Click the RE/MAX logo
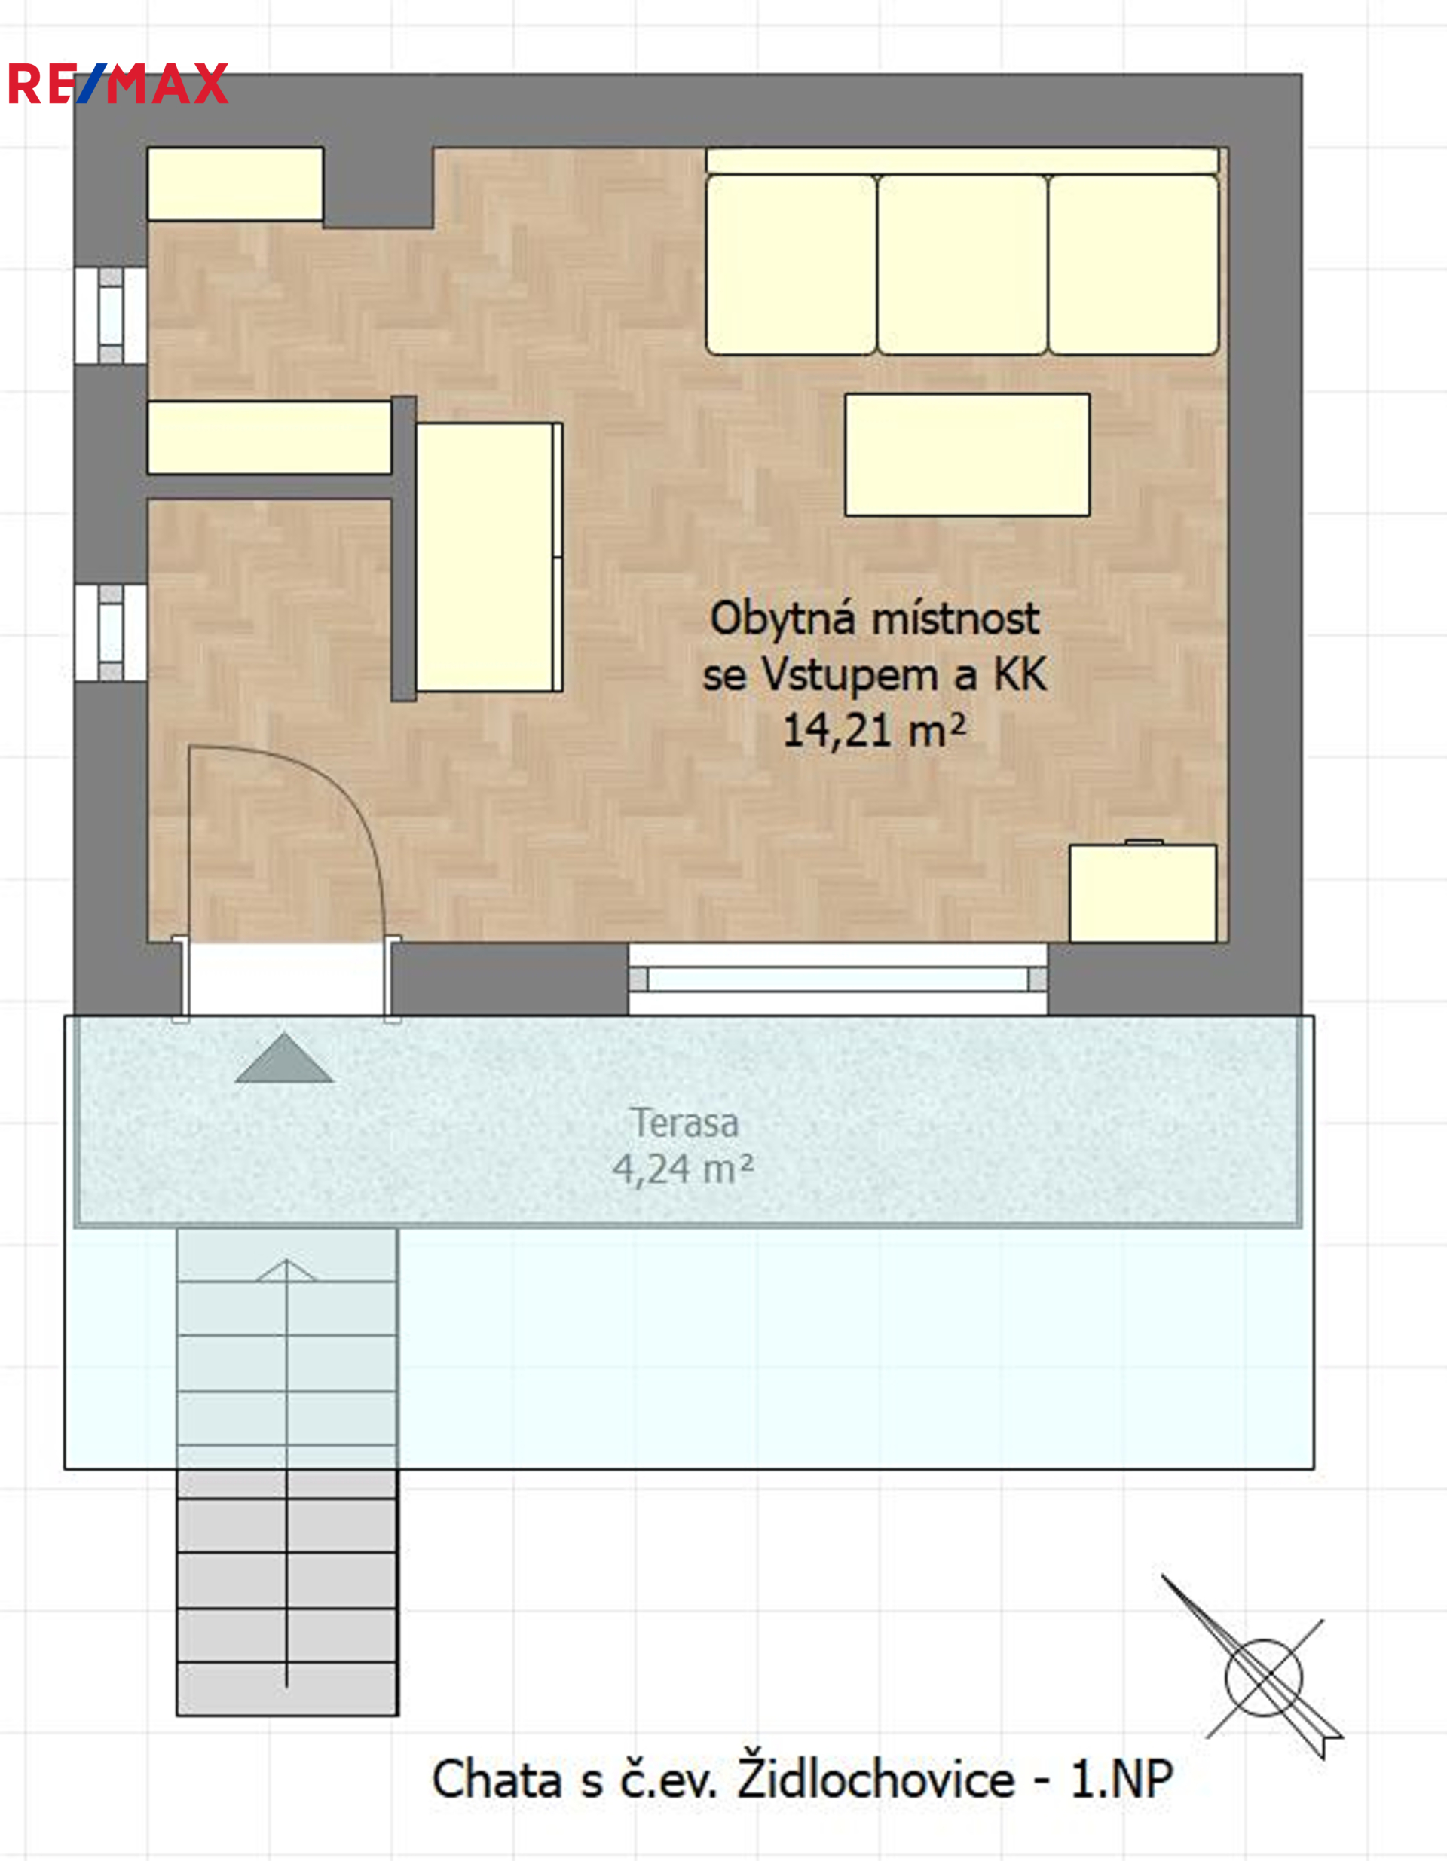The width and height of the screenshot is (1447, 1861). tap(118, 84)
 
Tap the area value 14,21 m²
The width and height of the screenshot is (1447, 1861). tap(874, 731)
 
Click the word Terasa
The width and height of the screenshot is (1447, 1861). tap(684, 1123)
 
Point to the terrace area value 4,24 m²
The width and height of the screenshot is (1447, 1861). tap(683, 1169)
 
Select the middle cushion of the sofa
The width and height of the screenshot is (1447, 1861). tap(962, 265)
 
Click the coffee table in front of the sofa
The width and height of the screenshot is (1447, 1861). tap(967, 454)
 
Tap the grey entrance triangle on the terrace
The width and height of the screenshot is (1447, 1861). tap(284, 1059)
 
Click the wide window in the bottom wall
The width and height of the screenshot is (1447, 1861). tap(838, 979)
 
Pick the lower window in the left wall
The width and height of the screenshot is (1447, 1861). tap(111, 632)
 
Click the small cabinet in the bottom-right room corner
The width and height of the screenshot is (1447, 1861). tap(1143, 893)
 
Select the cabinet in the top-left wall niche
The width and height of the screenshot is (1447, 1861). tap(235, 184)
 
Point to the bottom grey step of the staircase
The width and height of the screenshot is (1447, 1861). tap(287, 1688)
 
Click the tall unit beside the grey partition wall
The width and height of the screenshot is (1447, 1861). tap(489, 558)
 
